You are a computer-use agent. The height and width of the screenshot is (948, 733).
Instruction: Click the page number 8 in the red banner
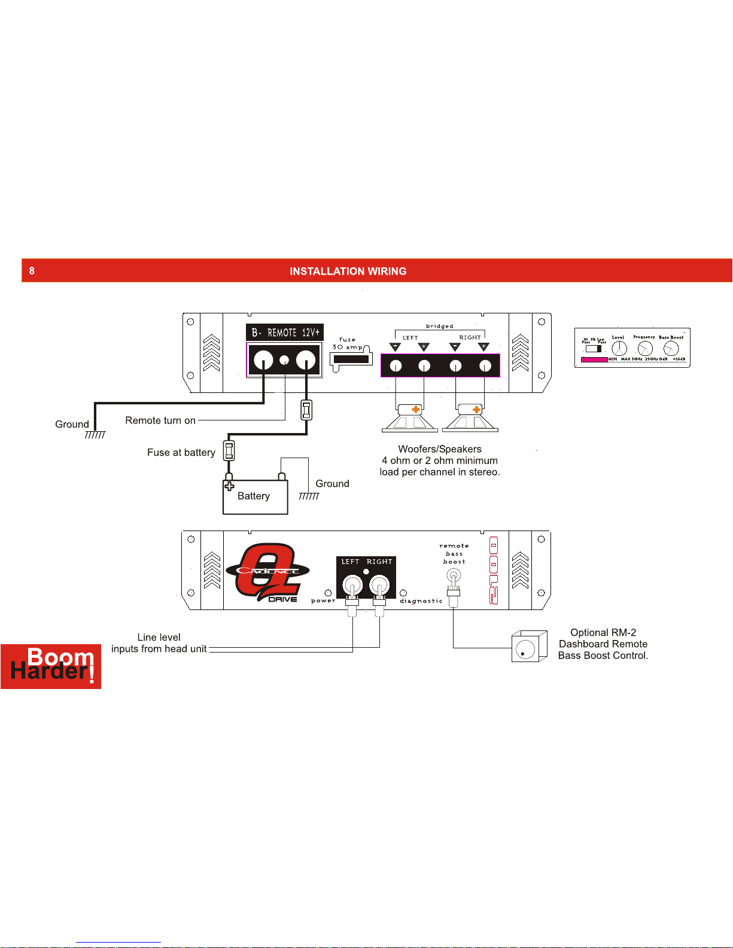[x=32, y=271]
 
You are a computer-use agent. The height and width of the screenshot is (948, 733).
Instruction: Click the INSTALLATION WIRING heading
[x=348, y=272]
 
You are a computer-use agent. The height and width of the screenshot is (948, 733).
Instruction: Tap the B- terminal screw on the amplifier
[x=263, y=360]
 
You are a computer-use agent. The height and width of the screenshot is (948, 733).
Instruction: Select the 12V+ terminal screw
[x=306, y=360]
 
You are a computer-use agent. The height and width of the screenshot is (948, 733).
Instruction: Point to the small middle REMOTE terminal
[x=285, y=360]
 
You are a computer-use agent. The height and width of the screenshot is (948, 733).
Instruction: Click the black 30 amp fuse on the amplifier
[x=351, y=359]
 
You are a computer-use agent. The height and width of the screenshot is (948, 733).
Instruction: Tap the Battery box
[x=255, y=497]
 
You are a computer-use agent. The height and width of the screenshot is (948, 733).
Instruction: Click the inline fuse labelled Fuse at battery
[x=229, y=450]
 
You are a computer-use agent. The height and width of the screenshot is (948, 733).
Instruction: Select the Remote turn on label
[x=160, y=420]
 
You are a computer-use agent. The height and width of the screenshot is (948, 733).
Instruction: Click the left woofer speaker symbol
[x=410, y=418]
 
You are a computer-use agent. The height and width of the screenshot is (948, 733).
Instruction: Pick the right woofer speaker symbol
[x=470, y=418]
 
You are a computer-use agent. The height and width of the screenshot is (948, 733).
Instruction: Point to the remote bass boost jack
[x=454, y=576]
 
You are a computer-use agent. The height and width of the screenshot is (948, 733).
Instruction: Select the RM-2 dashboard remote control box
[x=529, y=647]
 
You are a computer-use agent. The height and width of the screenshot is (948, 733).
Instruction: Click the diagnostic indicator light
[x=403, y=593]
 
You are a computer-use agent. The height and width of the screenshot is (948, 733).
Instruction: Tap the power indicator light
[x=328, y=593]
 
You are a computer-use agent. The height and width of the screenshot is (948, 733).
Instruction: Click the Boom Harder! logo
[x=51, y=666]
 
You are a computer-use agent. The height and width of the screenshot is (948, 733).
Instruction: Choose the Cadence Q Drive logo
[x=267, y=572]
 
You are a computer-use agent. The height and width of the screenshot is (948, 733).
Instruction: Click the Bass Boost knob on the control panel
[x=671, y=349]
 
